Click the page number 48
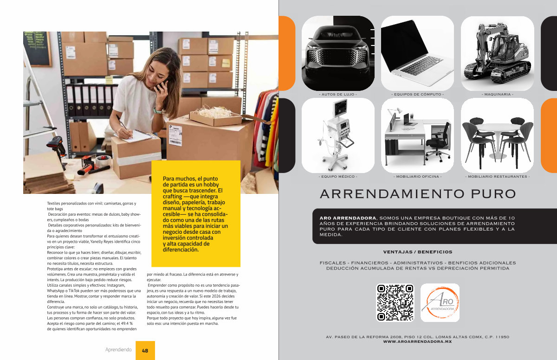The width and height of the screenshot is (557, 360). tap(145, 351)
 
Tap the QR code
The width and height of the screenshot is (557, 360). tap(395, 302)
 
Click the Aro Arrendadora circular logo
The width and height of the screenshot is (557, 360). tap(440, 302)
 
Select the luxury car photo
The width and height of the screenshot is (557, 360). tap(338, 53)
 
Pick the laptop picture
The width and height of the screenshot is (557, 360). tap(417, 53)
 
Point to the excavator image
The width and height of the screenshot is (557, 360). tap(497, 53)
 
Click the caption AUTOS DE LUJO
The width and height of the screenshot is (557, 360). tap(338, 95)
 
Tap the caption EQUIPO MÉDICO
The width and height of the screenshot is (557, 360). tap(338, 176)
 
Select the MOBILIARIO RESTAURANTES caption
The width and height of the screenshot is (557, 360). tap(497, 176)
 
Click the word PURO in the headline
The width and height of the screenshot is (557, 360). tap(493, 194)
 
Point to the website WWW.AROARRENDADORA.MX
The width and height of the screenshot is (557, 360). tap(417, 341)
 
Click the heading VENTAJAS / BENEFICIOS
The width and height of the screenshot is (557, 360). tap(417, 252)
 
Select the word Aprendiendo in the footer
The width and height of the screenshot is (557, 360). tap(118, 350)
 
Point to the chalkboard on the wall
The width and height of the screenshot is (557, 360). tap(37, 49)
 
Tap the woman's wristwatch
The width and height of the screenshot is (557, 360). tap(157, 111)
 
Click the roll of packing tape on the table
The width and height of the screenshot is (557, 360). tap(104, 161)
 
